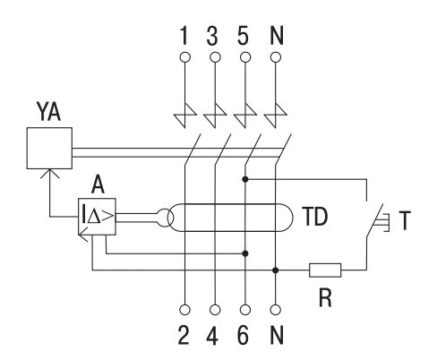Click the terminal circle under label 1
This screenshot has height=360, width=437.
click(x=185, y=57)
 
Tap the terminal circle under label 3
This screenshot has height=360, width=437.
click(x=215, y=57)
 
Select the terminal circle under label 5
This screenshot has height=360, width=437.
click(x=245, y=57)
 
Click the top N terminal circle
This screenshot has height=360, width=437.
click(x=276, y=57)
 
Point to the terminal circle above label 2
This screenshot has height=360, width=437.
click(x=185, y=310)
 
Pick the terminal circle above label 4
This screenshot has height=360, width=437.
click(x=215, y=310)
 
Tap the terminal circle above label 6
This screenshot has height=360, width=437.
click(x=245, y=310)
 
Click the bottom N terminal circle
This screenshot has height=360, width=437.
click(x=276, y=310)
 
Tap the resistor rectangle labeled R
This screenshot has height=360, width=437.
click(x=325, y=270)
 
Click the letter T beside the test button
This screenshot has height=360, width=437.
click(x=405, y=220)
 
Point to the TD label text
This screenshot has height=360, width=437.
click(x=315, y=217)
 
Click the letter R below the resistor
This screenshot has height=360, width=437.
click(x=325, y=297)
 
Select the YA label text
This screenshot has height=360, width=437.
click(x=48, y=111)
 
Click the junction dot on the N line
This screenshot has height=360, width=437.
click(x=276, y=270)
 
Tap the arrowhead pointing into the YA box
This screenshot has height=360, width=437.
click(x=49, y=174)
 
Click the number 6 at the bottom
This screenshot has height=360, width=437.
click(x=243, y=335)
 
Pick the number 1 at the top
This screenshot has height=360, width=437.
click(x=184, y=36)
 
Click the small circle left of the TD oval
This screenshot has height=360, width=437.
click(x=165, y=218)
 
